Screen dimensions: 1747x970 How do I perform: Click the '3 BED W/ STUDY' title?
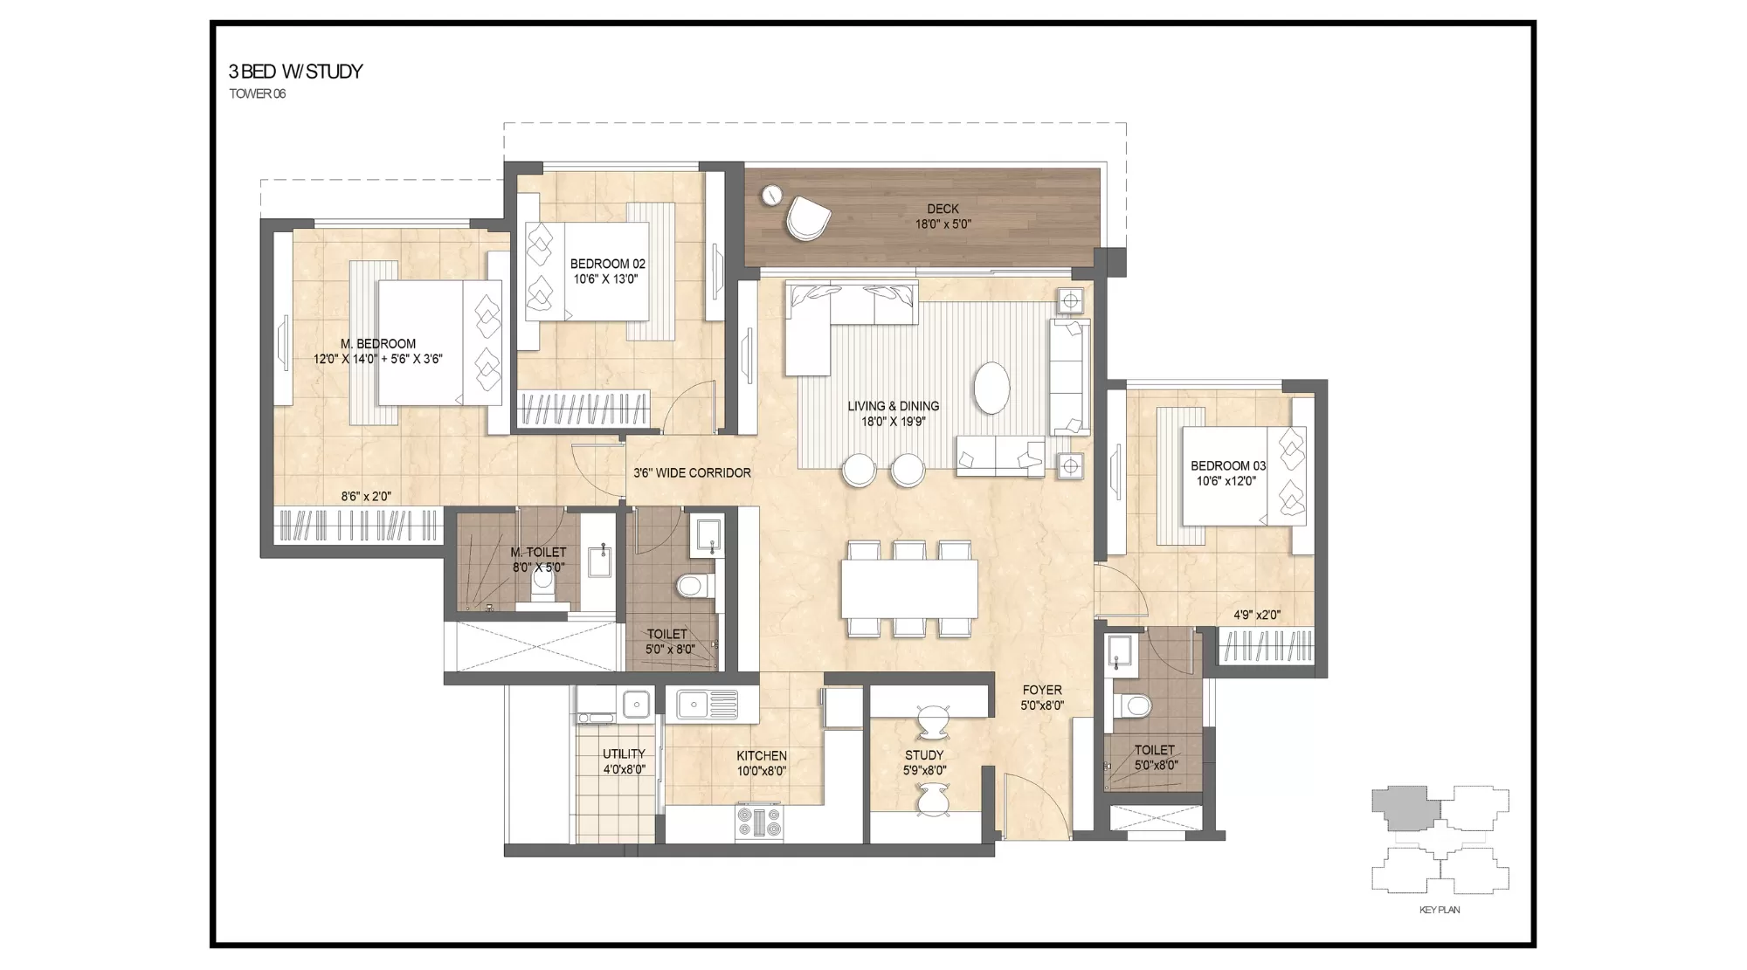tap(295, 72)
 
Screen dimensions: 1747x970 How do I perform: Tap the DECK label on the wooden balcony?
tap(943, 209)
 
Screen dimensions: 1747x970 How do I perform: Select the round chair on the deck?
tap(807, 217)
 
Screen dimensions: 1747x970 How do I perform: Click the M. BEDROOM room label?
tap(378, 344)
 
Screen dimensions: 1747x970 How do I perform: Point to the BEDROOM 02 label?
tap(607, 264)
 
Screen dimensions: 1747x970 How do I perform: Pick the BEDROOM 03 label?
tap(1227, 466)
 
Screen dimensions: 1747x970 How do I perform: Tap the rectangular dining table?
tap(908, 588)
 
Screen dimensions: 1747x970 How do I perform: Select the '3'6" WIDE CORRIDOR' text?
tap(692, 473)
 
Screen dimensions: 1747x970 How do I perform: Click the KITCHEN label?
tap(761, 756)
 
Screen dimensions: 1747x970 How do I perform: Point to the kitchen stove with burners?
tap(759, 822)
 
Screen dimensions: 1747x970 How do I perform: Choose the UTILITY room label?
tap(624, 754)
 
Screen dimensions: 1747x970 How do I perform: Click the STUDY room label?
tap(924, 755)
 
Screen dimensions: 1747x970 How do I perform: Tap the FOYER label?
tap(1042, 690)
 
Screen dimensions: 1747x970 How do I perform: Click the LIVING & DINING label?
tap(893, 406)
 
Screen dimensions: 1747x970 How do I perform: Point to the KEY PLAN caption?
tap(1440, 910)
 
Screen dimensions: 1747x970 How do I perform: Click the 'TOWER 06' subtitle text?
tap(258, 94)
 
